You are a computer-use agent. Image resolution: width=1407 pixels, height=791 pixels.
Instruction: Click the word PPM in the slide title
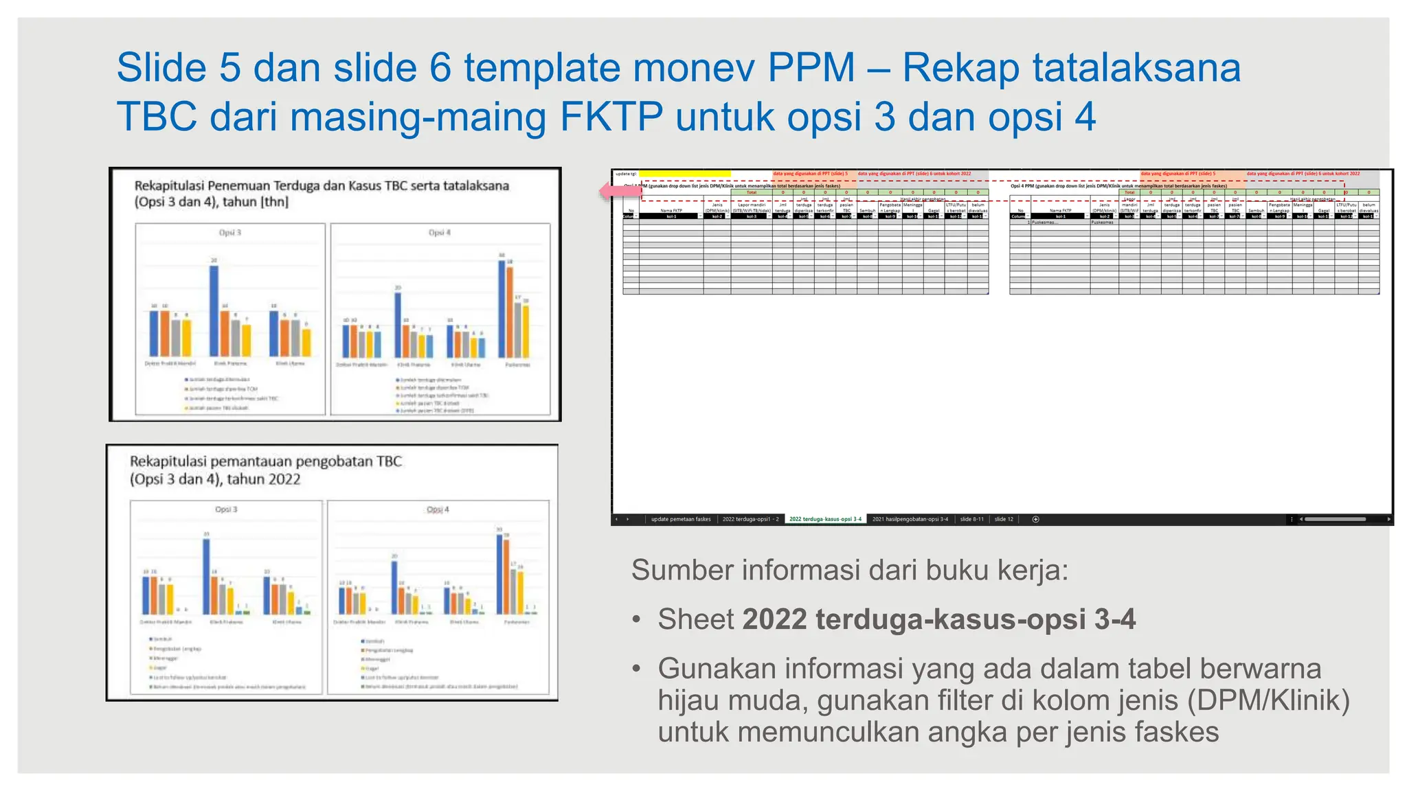811,68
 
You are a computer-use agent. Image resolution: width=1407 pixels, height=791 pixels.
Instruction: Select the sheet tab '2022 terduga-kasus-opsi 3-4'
825,519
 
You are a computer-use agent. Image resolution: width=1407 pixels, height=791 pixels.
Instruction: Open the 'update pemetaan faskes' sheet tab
680,519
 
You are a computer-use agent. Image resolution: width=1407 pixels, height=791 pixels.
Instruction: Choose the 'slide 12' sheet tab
1004,519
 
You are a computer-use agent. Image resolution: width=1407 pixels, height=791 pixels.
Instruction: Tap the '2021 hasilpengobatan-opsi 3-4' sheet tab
910,519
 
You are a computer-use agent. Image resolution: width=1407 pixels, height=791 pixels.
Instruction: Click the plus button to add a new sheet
1035,519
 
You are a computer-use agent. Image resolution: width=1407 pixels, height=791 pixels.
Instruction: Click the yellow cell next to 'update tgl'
684,174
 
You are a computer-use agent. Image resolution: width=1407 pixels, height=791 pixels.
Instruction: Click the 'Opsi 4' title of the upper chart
440,233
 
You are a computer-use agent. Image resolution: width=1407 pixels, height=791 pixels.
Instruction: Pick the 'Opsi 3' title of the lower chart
226,509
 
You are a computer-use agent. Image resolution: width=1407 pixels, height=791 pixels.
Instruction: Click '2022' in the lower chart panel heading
282,479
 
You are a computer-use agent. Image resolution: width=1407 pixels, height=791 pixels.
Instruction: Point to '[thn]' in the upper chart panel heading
274,202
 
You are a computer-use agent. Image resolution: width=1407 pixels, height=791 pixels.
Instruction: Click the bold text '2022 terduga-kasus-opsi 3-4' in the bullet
938,619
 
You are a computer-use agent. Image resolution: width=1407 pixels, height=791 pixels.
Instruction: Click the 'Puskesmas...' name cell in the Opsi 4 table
1044,222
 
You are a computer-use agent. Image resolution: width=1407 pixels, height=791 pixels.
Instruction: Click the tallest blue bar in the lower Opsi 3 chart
206,576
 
